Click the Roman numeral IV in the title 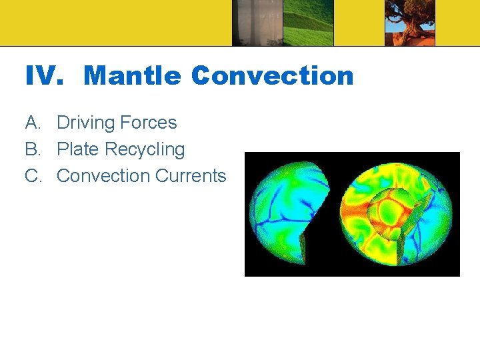coord(44,76)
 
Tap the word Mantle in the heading coord(133,76)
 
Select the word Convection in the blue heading coord(272,76)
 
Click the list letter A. coord(32,123)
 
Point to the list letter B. coord(32,149)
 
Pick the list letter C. coord(32,176)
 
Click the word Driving coord(83,123)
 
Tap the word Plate coord(78,149)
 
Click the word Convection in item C coord(103,176)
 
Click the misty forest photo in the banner coord(257,23)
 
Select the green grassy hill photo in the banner coord(308,23)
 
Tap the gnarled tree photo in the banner coord(410,23)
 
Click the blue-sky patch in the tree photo coord(393,8)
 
